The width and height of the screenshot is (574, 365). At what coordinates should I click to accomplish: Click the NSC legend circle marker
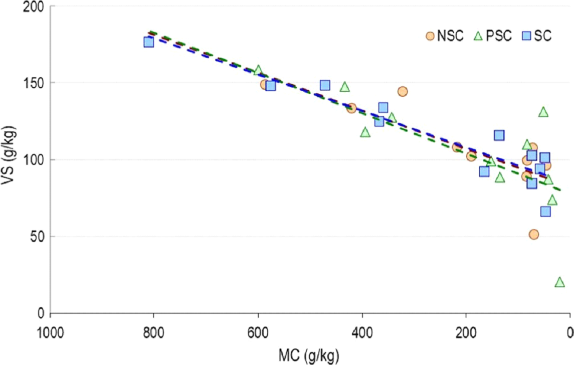[430, 36]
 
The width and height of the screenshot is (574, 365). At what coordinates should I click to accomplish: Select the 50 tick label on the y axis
[38, 237]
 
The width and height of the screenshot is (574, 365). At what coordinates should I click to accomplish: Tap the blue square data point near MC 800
[149, 42]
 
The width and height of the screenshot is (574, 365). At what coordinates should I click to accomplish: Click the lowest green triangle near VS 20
[559, 282]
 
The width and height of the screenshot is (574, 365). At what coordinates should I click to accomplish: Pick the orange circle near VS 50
[534, 234]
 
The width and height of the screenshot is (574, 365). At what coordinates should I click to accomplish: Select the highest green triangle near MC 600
[258, 70]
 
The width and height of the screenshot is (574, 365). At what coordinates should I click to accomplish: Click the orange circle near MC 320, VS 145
[402, 91]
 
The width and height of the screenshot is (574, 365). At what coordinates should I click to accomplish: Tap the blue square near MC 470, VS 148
[325, 85]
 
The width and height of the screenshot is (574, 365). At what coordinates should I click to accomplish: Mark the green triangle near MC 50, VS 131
[543, 112]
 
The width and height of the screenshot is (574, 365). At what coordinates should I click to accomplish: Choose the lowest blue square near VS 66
[545, 212]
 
